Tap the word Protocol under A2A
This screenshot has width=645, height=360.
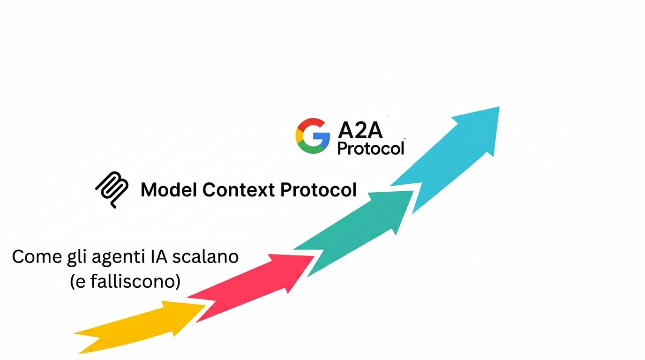coord(370,148)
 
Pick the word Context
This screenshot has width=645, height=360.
coord(239,190)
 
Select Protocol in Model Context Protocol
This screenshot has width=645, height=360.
coord(318,190)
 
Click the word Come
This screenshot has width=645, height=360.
coord(37,257)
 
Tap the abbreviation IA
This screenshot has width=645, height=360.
coord(162,257)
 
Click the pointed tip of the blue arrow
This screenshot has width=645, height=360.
coord(499,107)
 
